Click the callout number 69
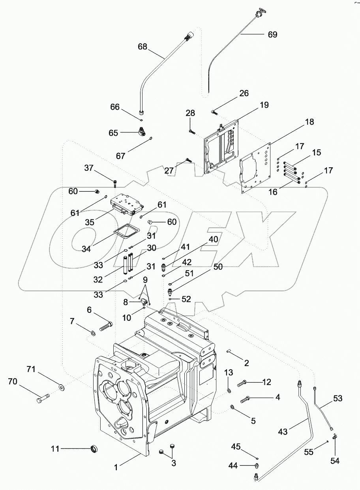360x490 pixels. (272, 34)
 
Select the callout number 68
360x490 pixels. (142, 46)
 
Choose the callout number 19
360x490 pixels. (264, 105)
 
